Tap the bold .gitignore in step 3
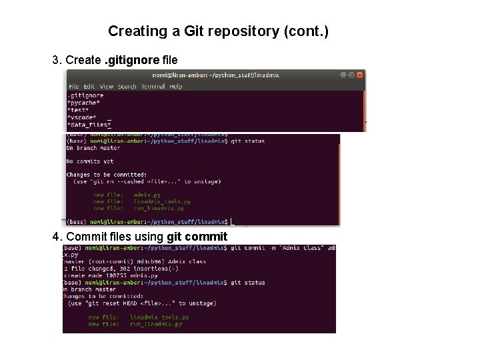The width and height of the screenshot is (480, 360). pyautogui.click(x=131, y=61)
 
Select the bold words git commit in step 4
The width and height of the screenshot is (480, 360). pyautogui.click(x=197, y=237)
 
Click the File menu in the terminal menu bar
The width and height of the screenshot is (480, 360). pyautogui.click(x=73, y=87)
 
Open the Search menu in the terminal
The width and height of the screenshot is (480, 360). pyautogui.click(x=127, y=87)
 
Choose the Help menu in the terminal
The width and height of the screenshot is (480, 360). pyautogui.click(x=176, y=87)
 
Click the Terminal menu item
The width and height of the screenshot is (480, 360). pyautogui.click(x=153, y=87)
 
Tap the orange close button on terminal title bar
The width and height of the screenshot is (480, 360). pyautogui.click(x=359, y=75)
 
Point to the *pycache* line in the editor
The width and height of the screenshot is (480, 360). pyautogui.click(x=83, y=103)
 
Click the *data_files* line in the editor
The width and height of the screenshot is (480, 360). pyautogui.click(x=88, y=124)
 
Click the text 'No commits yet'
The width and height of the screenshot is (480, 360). pyautogui.click(x=90, y=161)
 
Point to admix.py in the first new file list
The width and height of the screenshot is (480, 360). pyautogui.click(x=147, y=195)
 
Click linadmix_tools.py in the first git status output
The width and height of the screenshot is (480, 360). pyautogui.click(x=162, y=201)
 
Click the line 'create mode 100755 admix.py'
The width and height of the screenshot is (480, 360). pyautogui.click(x=111, y=275)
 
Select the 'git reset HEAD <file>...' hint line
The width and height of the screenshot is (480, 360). pyautogui.click(x=141, y=303)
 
